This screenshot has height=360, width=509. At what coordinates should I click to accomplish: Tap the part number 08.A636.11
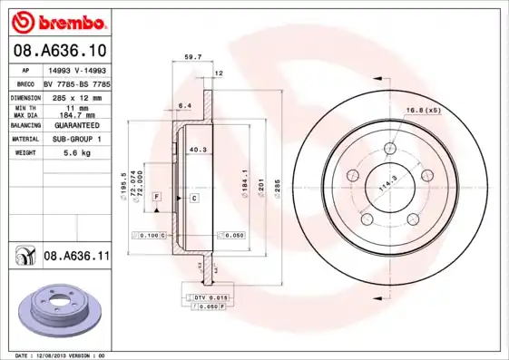tap(76, 257)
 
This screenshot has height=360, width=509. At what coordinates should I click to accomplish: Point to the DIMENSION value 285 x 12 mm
tap(76, 97)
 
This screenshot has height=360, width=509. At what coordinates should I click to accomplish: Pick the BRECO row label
tap(27, 83)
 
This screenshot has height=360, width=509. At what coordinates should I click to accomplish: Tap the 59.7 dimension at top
tap(192, 57)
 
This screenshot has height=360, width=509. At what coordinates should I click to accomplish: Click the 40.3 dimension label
tap(197, 150)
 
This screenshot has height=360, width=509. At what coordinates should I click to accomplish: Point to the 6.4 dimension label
tap(185, 106)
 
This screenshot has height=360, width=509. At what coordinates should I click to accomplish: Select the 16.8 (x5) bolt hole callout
tap(423, 111)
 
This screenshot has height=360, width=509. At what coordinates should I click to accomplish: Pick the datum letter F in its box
tap(156, 197)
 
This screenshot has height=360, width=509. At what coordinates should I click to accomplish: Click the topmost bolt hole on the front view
tap(390, 150)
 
